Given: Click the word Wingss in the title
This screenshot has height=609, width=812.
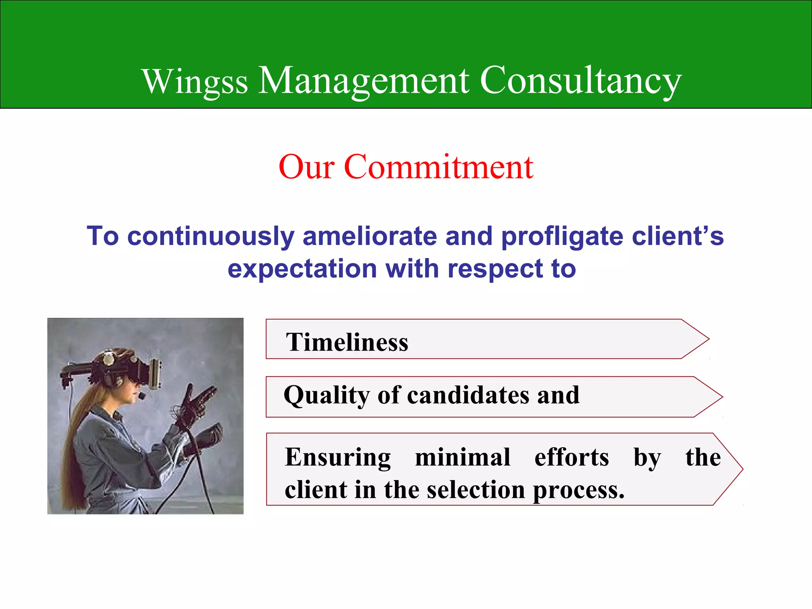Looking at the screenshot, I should (x=195, y=82).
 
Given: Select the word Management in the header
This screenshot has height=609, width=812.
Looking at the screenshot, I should (x=364, y=81).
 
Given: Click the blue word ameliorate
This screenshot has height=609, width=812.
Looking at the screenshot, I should (x=370, y=236).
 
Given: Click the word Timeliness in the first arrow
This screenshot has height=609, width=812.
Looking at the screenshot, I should (x=347, y=342).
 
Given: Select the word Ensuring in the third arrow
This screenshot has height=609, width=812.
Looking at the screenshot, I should (x=338, y=457).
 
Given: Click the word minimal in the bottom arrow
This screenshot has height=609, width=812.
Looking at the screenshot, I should (x=462, y=457).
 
